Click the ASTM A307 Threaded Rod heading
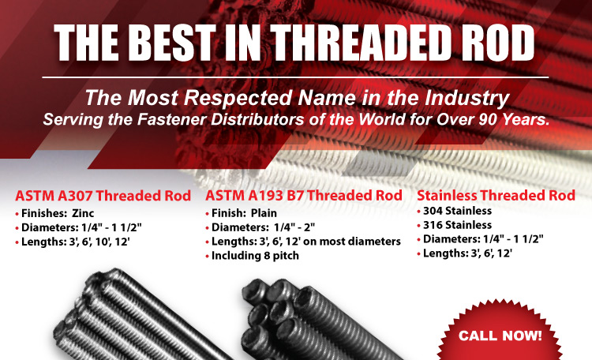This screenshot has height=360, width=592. (x=103, y=196)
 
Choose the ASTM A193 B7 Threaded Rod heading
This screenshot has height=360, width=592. (x=304, y=195)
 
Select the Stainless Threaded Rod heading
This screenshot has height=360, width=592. (x=496, y=195)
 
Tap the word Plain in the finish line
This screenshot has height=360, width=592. (x=264, y=213)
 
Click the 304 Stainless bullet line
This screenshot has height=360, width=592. (x=455, y=211)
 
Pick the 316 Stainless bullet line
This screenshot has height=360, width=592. (x=455, y=225)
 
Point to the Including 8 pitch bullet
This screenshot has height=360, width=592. (x=253, y=256)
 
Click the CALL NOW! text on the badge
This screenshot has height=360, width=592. (x=500, y=336)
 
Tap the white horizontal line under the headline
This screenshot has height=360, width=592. (x=295, y=77)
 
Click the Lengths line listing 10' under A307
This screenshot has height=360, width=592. (x=73, y=242)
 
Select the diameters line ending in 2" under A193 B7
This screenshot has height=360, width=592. (x=260, y=227)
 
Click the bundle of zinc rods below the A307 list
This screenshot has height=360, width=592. (x=140, y=318)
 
